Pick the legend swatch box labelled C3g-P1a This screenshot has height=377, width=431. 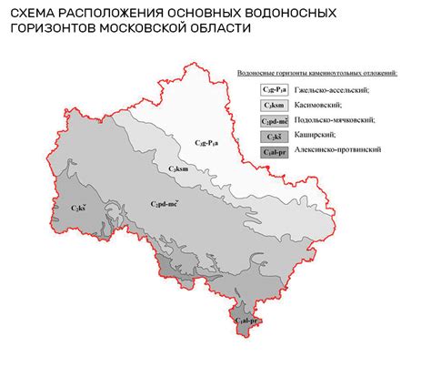pos(275,88)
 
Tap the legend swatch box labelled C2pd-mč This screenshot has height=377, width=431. pos(275,120)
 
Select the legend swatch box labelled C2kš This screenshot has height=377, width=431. pos(275,136)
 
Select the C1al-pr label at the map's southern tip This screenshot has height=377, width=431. pos(247,321)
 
